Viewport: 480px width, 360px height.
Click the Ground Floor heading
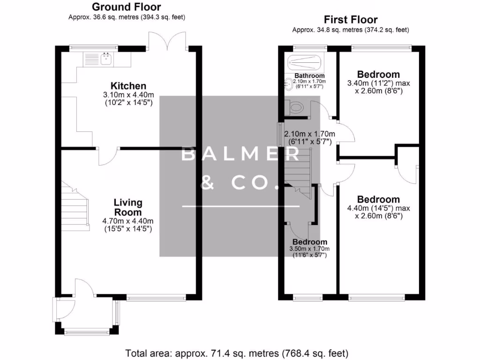[126, 7]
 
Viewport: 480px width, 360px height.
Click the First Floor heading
[351, 20]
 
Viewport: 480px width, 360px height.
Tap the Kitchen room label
[128, 86]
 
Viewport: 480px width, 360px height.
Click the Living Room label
[128, 207]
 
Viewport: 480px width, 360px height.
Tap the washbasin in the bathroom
[288, 84]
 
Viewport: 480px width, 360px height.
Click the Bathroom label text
[309, 75]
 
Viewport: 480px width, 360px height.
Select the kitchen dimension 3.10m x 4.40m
[128, 95]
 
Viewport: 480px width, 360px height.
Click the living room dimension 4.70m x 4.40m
[128, 221]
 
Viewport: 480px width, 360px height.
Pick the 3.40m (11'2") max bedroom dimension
[378, 83]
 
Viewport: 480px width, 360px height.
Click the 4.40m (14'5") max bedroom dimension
[378, 209]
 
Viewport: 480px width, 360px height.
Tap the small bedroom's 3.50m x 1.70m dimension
[309, 249]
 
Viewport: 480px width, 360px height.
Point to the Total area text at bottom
[237, 352]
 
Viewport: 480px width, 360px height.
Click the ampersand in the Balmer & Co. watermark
[207, 183]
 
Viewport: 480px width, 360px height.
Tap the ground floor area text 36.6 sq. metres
[127, 17]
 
